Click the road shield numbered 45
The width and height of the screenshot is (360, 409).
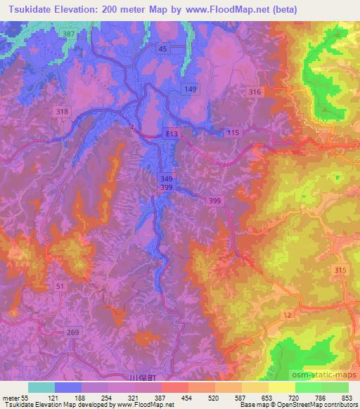(163, 48)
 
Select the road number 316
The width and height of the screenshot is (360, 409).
(255, 92)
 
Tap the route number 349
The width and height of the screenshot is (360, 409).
(165, 180)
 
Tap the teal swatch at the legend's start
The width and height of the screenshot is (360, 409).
(41, 387)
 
